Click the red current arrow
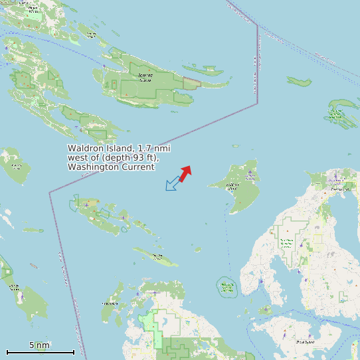185,173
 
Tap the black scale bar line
40,352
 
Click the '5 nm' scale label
39,345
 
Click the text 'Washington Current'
111,167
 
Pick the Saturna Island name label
145,78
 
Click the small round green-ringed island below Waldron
227,287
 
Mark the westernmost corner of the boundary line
49,193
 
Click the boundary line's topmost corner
256,26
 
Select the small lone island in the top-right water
299,82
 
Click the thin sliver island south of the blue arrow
156,256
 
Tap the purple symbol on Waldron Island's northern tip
250,173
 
